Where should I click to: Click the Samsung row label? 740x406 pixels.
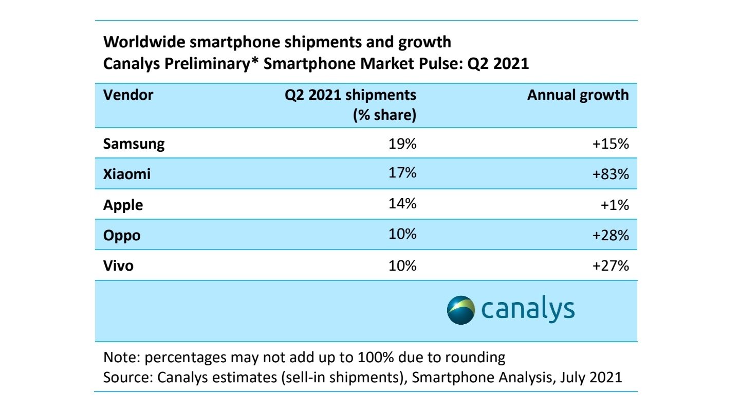134,144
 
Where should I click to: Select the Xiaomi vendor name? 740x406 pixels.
127,174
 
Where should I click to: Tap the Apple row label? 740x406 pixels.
123,205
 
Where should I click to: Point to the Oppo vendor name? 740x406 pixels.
122,236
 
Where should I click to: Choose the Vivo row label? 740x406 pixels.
118,266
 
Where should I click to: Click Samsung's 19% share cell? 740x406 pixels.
402,144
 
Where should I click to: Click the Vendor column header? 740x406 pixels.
128,95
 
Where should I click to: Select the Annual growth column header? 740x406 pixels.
578,95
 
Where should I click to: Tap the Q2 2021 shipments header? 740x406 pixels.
350,95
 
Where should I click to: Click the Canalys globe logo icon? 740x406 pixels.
461,310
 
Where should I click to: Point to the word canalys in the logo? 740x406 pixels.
528,310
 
